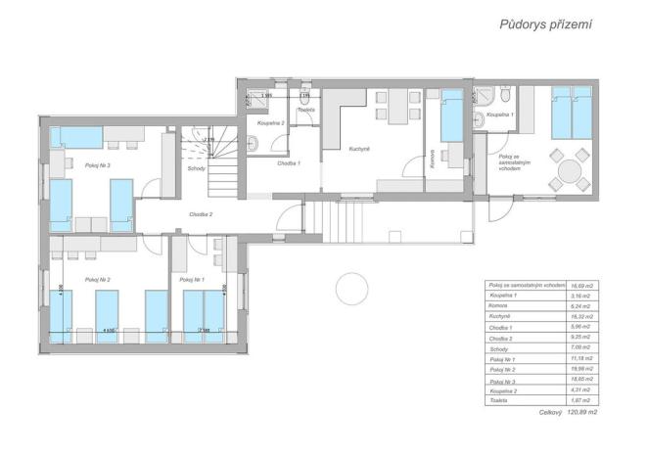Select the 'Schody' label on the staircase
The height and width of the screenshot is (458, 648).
(196, 167)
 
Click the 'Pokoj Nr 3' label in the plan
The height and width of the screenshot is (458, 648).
(97, 165)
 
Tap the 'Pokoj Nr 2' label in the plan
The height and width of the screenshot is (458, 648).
(97, 280)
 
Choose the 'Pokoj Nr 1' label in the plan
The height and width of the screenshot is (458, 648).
(192, 280)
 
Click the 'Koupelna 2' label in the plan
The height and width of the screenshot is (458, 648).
(270, 124)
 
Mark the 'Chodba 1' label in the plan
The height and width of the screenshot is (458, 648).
(287, 163)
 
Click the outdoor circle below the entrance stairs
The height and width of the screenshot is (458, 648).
(349, 288)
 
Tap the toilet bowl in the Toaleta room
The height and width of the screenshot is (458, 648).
(305, 97)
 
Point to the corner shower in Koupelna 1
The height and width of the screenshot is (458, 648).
(485, 97)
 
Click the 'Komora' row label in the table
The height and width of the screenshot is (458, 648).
(499, 305)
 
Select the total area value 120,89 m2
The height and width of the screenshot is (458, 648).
(581, 412)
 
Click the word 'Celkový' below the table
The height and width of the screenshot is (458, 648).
(551, 412)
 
